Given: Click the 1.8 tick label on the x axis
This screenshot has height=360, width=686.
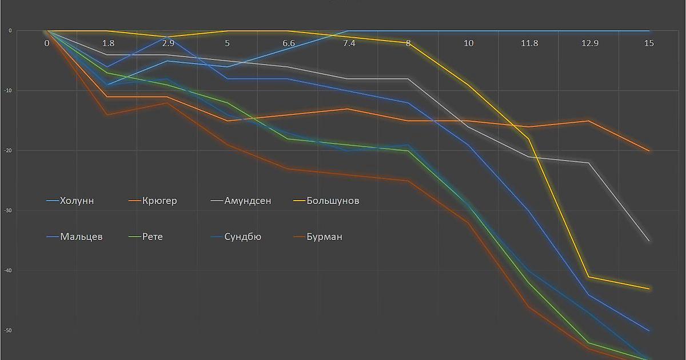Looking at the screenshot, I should [107, 43].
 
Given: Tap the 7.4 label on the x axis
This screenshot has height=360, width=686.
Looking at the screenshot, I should [349, 43].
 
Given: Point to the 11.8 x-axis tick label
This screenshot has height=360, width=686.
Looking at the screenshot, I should [529, 43].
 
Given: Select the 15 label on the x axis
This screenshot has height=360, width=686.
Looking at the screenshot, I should [649, 43].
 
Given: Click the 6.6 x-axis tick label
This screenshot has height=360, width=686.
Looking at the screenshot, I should [288, 43].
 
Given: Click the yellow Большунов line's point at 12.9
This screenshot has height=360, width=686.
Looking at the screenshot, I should [589, 277].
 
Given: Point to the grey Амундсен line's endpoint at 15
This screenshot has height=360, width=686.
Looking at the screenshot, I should [649, 241].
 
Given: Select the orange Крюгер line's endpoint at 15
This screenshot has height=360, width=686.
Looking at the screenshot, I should [649, 151].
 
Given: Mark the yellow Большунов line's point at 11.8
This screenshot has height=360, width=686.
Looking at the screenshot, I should [529, 138].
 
